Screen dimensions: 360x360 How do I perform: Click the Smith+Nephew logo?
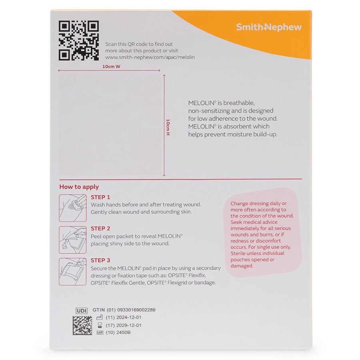click(x=268, y=27)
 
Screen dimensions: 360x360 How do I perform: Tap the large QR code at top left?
click(x=79, y=41)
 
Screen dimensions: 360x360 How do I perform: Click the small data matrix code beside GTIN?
click(x=82, y=325)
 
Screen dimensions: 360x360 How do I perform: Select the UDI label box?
click(x=82, y=310)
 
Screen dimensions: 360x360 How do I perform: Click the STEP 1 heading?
click(x=100, y=197)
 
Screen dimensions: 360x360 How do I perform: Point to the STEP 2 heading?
click(x=100, y=228)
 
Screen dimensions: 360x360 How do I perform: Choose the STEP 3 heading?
click(x=100, y=260)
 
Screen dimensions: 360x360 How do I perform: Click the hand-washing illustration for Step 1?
click(x=73, y=208)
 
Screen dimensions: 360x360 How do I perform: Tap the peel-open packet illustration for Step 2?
click(x=73, y=240)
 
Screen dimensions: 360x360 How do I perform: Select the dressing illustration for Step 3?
click(x=73, y=271)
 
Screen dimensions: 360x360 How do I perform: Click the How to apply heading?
click(x=79, y=187)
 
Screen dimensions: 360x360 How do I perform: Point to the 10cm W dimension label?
click(x=111, y=67)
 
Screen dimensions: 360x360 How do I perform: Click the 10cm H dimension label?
click(x=168, y=126)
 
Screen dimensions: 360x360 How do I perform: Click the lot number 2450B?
click(x=123, y=333)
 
